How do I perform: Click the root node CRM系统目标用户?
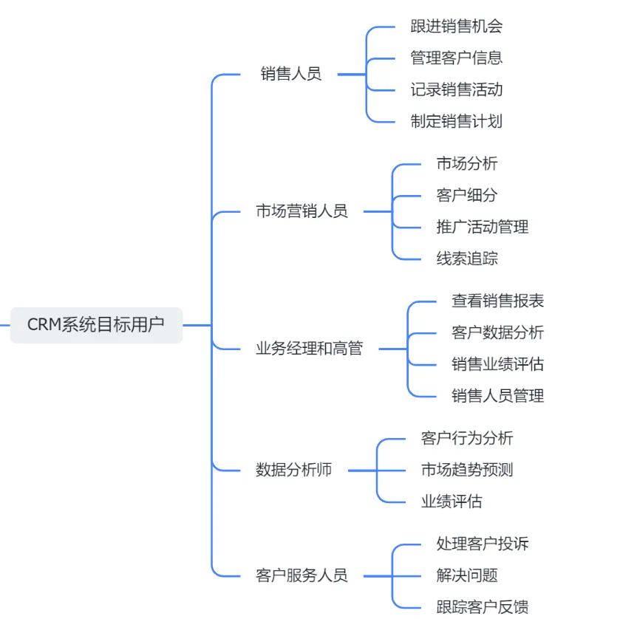click(96, 325)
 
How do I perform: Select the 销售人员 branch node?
click(291, 74)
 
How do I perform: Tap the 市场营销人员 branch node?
click(302, 211)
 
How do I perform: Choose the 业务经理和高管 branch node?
click(310, 349)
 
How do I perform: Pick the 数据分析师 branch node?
click(294, 470)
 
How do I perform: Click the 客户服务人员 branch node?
click(302, 575)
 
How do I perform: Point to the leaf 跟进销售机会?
click(456, 27)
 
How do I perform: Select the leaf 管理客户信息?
click(456, 58)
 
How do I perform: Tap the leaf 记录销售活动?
click(456, 90)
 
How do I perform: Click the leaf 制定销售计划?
click(456, 122)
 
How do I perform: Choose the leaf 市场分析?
click(467, 164)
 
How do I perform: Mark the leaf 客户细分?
click(467, 196)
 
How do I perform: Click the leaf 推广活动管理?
click(483, 227)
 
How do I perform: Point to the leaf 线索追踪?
click(467, 259)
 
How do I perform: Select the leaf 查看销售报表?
click(497, 301)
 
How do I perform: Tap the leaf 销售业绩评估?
click(497, 364)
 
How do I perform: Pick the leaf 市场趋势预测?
click(467, 470)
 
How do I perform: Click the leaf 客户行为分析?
click(467, 438)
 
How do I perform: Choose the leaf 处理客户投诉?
click(483, 544)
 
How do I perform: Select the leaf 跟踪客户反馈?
click(483, 607)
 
